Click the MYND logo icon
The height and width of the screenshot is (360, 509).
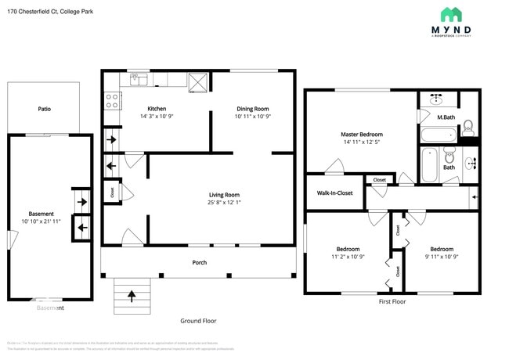click(x=451, y=14)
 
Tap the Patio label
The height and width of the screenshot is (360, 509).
click(x=45, y=109)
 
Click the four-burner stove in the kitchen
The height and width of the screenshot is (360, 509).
click(x=112, y=99)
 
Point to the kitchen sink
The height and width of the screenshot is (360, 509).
click(x=139, y=79)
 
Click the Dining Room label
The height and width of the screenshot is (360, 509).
click(x=252, y=109)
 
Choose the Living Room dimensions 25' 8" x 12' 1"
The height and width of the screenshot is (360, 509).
click(x=223, y=203)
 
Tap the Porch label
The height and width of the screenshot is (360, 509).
click(x=200, y=262)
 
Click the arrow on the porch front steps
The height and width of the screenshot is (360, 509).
click(x=132, y=296)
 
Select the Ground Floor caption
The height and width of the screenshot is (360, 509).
click(x=198, y=321)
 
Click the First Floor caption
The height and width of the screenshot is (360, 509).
click(x=395, y=301)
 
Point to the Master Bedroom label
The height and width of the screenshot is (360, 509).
click(x=362, y=134)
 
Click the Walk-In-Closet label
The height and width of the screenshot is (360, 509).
click(x=334, y=193)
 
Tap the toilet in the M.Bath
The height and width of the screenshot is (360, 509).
click(x=467, y=127)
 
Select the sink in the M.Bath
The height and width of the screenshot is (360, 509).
click(x=438, y=99)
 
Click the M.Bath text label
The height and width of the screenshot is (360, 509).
click(x=446, y=117)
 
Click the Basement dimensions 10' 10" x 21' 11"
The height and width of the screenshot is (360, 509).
click(x=42, y=221)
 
